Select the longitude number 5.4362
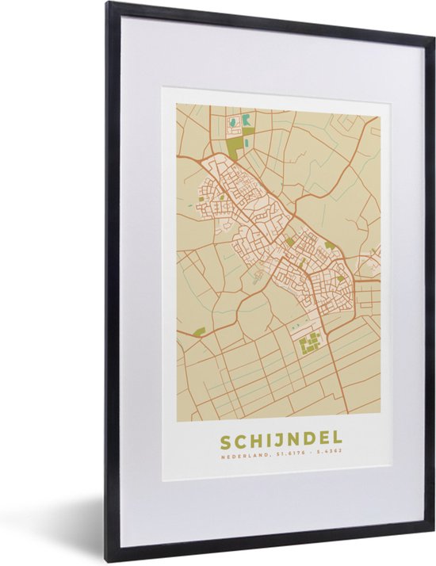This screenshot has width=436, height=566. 331,454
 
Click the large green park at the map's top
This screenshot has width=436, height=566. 235,146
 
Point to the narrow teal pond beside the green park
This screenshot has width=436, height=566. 247,143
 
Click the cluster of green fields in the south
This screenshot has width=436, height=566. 310,342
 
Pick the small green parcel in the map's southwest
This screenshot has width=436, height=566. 199,331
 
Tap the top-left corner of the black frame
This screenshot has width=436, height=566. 107,3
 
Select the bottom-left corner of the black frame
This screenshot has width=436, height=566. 108,561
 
